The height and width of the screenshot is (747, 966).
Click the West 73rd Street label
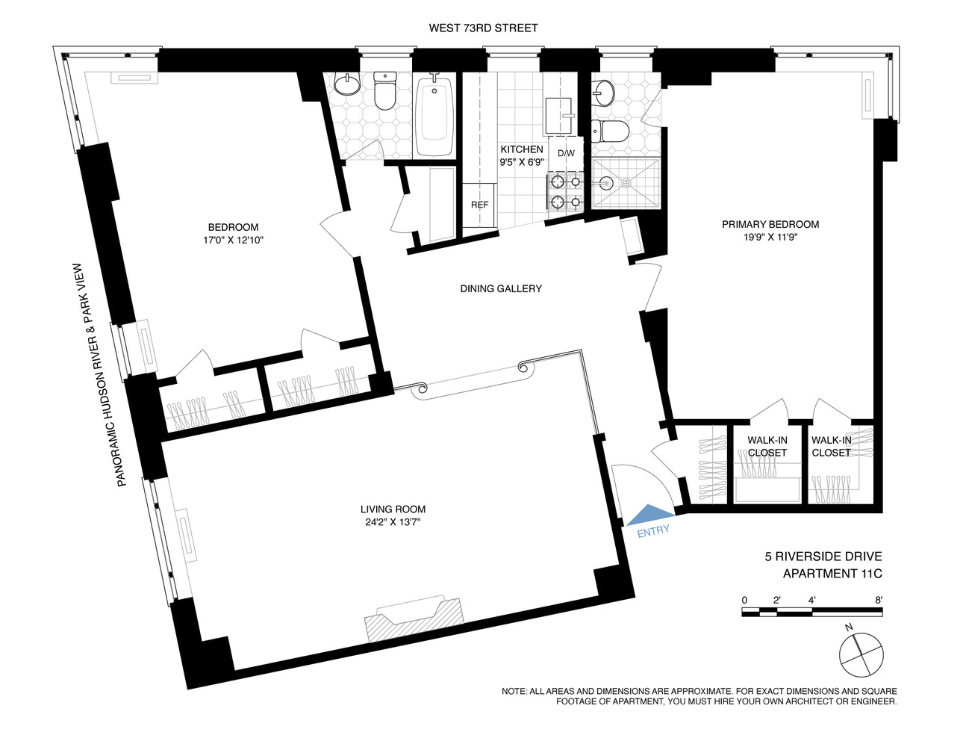click(x=483, y=28)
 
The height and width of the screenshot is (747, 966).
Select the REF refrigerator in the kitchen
click(x=479, y=205)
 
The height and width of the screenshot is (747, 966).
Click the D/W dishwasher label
click(x=566, y=154)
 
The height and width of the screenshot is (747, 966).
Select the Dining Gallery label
click(x=501, y=288)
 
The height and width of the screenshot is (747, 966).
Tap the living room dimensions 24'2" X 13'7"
click(x=393, y=522)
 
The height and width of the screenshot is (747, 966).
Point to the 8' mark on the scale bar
click(x=879, y=600)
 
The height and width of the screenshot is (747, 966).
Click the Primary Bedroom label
click(x=770, y=224)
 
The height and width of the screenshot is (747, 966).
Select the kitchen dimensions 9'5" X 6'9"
click(x=522, y=161)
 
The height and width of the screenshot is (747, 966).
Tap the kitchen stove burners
click(x=565, y=191)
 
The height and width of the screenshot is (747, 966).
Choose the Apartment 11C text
click(x=832, y=574)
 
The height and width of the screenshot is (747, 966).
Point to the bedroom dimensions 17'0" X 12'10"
click(x=233, y=240)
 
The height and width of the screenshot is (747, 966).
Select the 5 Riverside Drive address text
click(x=823, y=557)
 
